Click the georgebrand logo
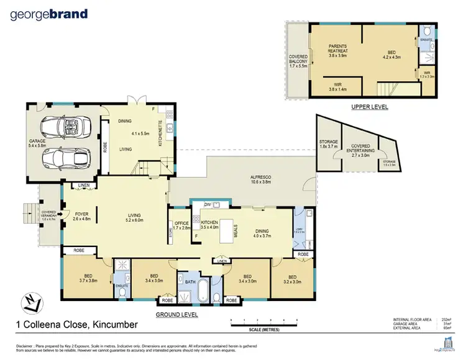[x=49, y=14]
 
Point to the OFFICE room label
[x=181, y=226]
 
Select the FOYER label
[x=81, y=216]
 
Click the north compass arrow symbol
[x=27, y=303]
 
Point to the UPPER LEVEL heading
[x=369, y=107]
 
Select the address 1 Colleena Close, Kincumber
[x=67, y=323]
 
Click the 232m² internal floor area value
[x=447, y=320]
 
